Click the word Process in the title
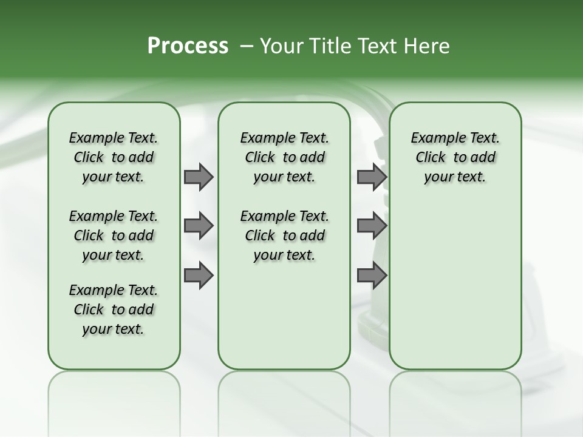click(188, 46)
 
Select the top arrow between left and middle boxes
click(199, 177)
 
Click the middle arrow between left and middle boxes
click(199, 226)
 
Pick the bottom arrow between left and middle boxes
click(199, 276)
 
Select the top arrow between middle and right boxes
click(372, 177)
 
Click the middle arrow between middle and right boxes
click(372, 226)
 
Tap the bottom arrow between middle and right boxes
click(372, 276)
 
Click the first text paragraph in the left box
click(114, 157)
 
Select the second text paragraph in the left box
click(114, 235)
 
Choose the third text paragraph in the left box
click(114, 310)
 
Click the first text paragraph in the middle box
click(284, 157)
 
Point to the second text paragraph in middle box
click(284, 235)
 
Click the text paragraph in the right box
click(455, 157)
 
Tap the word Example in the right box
click(432, 138)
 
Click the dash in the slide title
click(247, 46)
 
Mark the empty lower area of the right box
click(455, 285)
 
